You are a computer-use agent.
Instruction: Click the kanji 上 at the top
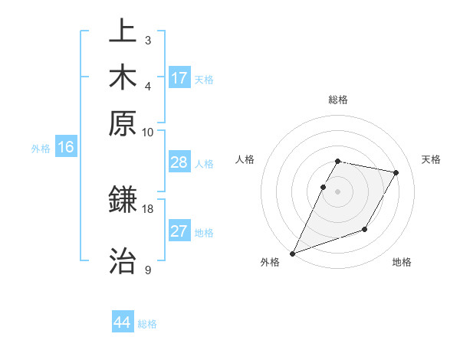(x=123, y=33)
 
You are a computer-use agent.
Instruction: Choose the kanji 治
(x=123, y=259)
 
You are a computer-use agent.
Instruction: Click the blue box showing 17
(x=179, y=78)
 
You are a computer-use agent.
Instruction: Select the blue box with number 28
(x=179, y=163)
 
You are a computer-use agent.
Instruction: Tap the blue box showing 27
(x=179, y=231)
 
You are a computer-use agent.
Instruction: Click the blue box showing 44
(x=122, y=322)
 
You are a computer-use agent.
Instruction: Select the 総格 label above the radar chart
(x=337, y=100)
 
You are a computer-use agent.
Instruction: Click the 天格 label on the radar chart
(x=431, y=159)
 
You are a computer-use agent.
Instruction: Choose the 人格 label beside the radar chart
(x=245, y=159)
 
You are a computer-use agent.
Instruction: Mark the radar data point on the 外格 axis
(x=292, y=253)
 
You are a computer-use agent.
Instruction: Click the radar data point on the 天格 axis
(x=396, y=173)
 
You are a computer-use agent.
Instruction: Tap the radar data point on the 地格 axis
(x=365, y=229)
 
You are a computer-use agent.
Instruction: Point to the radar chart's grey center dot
(x=337, y=191)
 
